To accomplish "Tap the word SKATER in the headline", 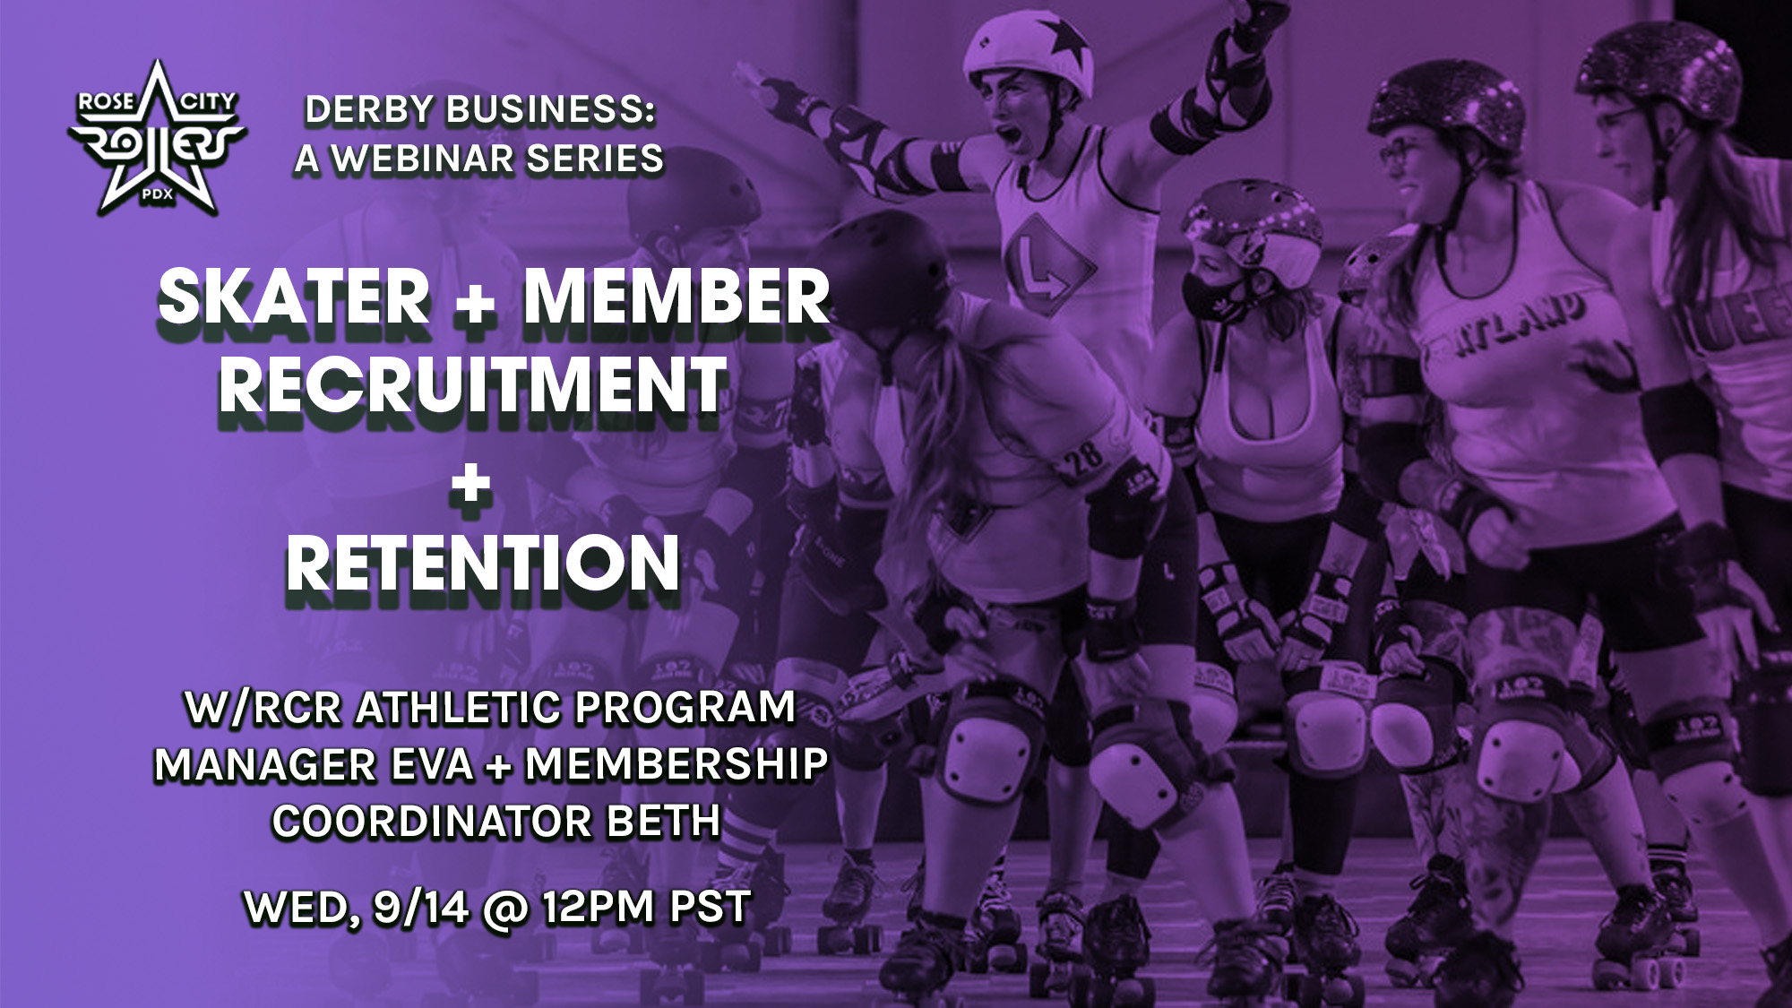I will click(294, 298).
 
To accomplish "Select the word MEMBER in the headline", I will click(676, 298).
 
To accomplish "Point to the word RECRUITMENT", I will click(472, 385).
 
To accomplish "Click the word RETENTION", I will click(483, 564).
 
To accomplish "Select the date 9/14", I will click(421, 908).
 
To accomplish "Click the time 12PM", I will click(597, 908).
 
